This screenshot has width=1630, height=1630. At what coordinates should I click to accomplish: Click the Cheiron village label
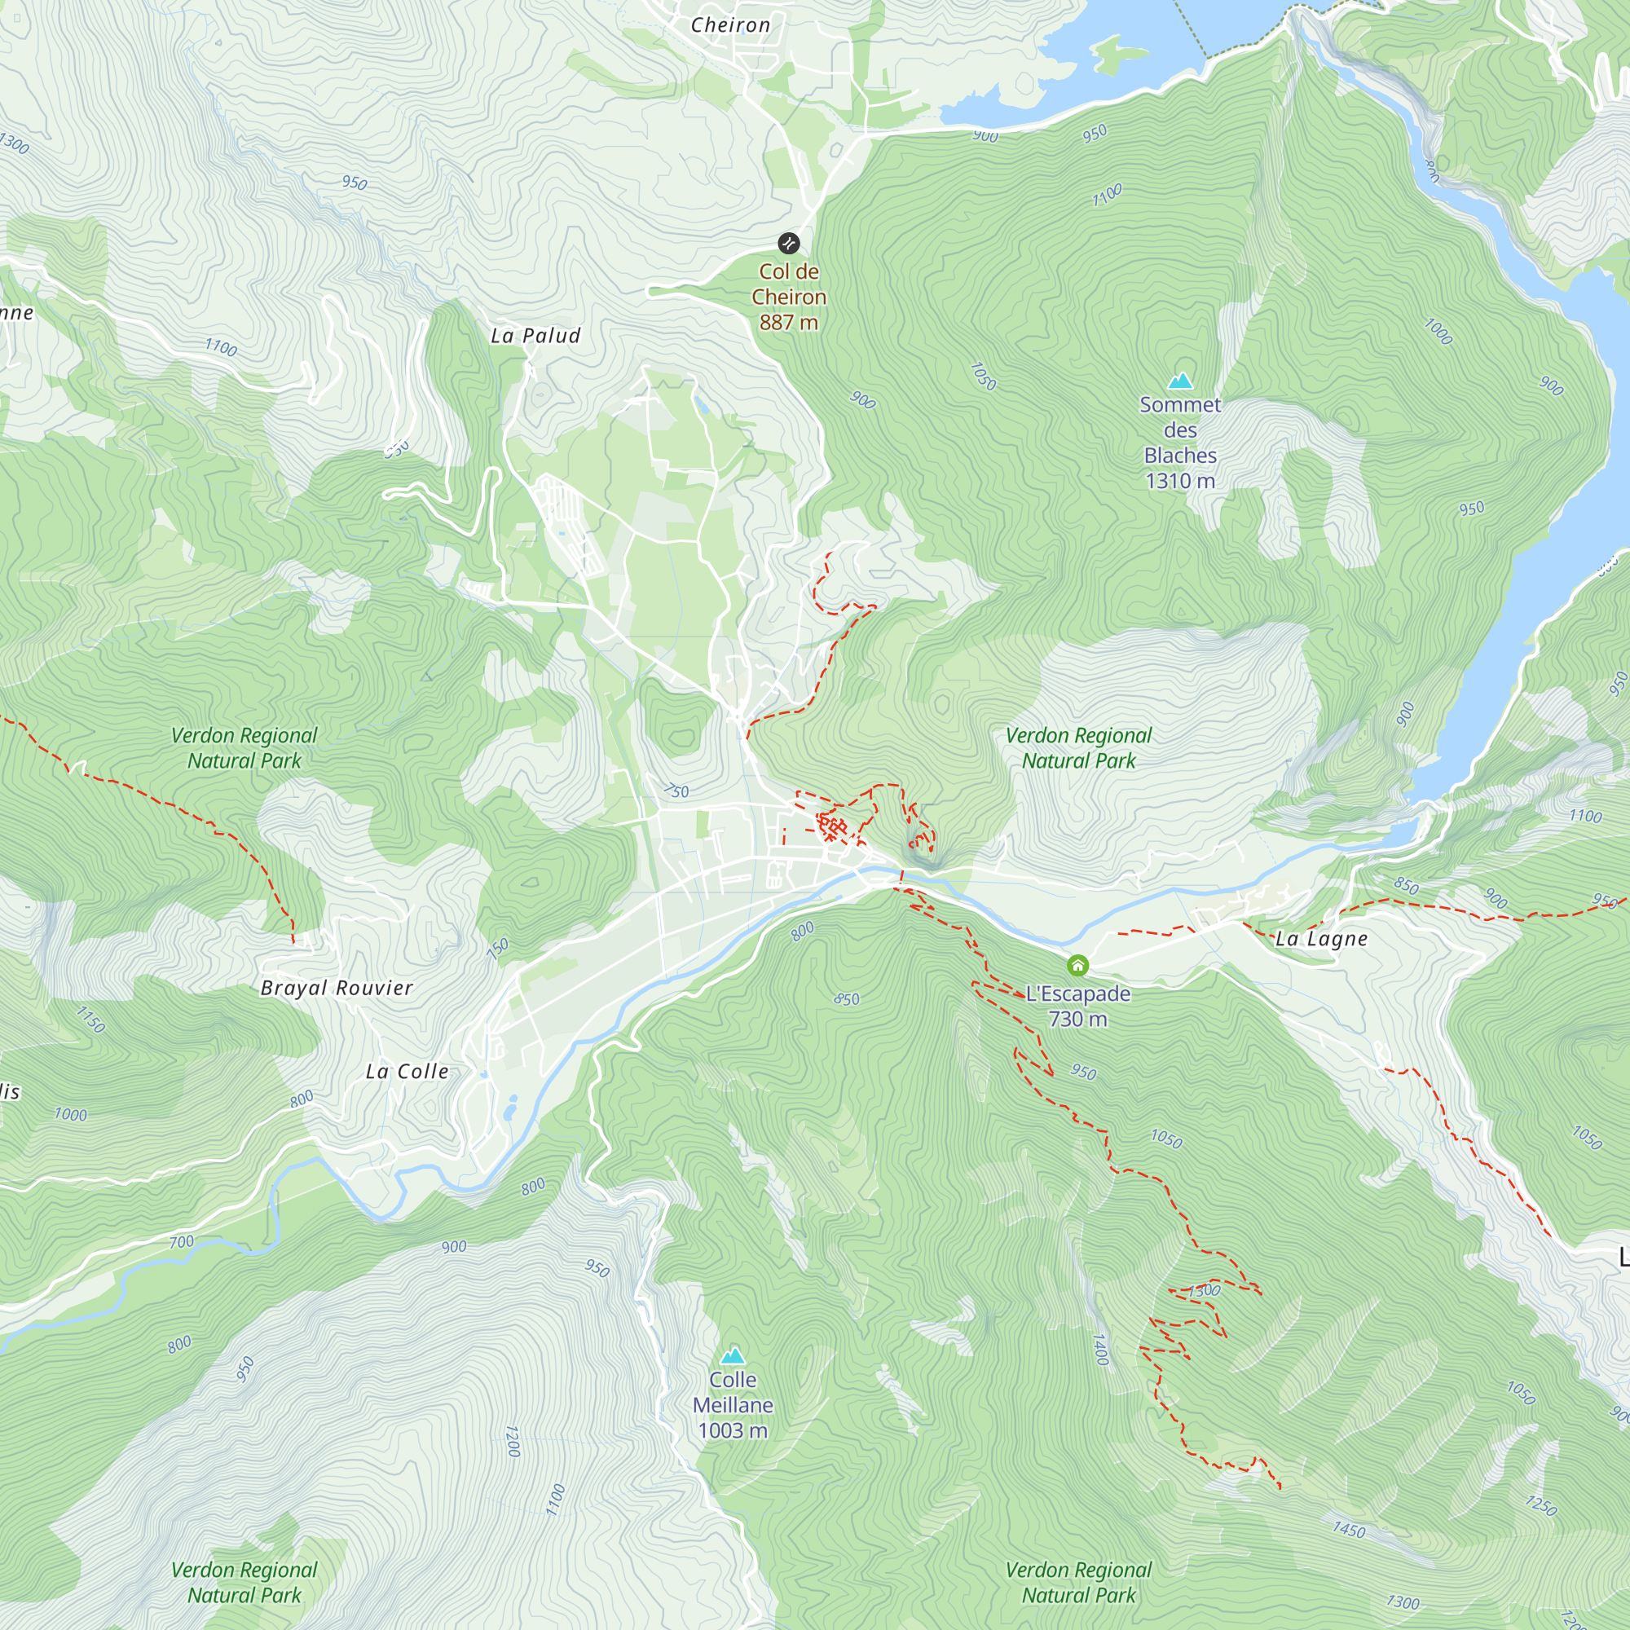(730, 25)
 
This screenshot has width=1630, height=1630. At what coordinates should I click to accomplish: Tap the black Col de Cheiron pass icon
(788, 244)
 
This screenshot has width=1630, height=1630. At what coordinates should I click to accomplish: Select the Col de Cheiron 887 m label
(789, 297)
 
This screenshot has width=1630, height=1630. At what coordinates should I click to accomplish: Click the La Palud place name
(535, 336)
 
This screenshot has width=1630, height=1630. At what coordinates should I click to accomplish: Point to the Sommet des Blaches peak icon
(1180, 381)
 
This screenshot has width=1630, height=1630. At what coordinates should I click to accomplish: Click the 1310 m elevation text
(1180, 481)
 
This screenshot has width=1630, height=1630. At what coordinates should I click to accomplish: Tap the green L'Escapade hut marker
(1077, 965)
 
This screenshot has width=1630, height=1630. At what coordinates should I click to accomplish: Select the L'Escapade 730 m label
(1077, 1007)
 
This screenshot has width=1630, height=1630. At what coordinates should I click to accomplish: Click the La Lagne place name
(1321, 939)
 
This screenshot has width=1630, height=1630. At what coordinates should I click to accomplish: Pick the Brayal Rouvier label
(337, 988)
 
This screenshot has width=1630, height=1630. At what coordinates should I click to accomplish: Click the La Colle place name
(407, 1072)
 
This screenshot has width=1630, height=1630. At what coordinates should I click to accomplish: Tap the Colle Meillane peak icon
(733, 1356)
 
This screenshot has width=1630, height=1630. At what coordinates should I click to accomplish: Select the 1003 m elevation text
(733, 1430)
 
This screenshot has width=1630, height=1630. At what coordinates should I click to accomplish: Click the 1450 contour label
(1349, 1530)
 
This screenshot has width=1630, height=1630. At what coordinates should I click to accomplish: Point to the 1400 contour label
(1100, 1349)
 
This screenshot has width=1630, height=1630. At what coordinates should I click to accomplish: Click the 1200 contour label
(512, 1441)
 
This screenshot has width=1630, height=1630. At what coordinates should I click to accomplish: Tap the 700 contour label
(182, 1242)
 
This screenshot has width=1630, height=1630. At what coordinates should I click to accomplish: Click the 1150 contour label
(91, 1020)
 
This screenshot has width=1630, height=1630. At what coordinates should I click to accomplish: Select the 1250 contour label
(1540, 1505)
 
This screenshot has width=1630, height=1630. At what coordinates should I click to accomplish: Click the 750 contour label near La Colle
(499, 948)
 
